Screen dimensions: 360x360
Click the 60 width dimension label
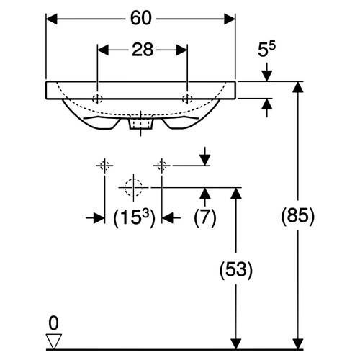pos(141,18)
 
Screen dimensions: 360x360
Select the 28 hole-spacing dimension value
pos(143,50)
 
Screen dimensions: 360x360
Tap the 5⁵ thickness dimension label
pos(266,49)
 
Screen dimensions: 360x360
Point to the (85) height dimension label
pos(297,216)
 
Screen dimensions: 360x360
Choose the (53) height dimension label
pos(236,270)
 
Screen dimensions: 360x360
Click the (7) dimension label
pos(205,217)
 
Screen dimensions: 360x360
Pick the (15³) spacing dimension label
pos(134,217)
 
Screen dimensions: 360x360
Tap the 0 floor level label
pos(53,323)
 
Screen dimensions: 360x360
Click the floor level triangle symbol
pos(54,341)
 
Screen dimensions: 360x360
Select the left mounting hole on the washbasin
pos(97,99)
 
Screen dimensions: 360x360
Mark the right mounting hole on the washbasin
pos(187,99)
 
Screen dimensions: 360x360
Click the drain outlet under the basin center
pos(140,124)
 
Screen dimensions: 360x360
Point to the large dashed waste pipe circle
pos(133,187)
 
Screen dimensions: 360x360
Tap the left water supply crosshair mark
pos(104,166)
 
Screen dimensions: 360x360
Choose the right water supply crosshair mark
pos(162,166)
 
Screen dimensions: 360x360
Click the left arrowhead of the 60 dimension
pos(51,19)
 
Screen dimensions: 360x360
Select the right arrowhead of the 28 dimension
pos(181,50)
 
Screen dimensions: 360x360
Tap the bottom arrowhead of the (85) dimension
pos(298,344)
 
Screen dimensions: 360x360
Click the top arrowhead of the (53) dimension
pos(236,193)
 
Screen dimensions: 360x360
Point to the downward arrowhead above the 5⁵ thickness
pos(267,76)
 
